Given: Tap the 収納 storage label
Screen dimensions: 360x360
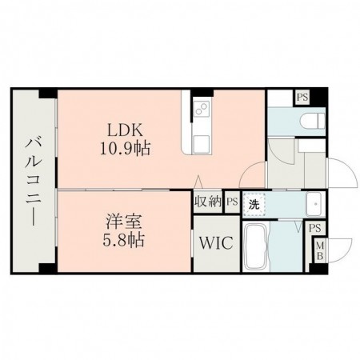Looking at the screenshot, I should tap(206, 202).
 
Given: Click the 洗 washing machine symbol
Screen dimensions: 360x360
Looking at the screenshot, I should tap(254, 203).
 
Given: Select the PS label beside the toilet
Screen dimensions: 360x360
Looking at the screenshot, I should tap(302, 98).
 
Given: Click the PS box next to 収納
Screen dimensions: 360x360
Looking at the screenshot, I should tap(231, 202).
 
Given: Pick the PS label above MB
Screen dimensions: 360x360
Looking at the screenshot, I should tap(316, 228).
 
